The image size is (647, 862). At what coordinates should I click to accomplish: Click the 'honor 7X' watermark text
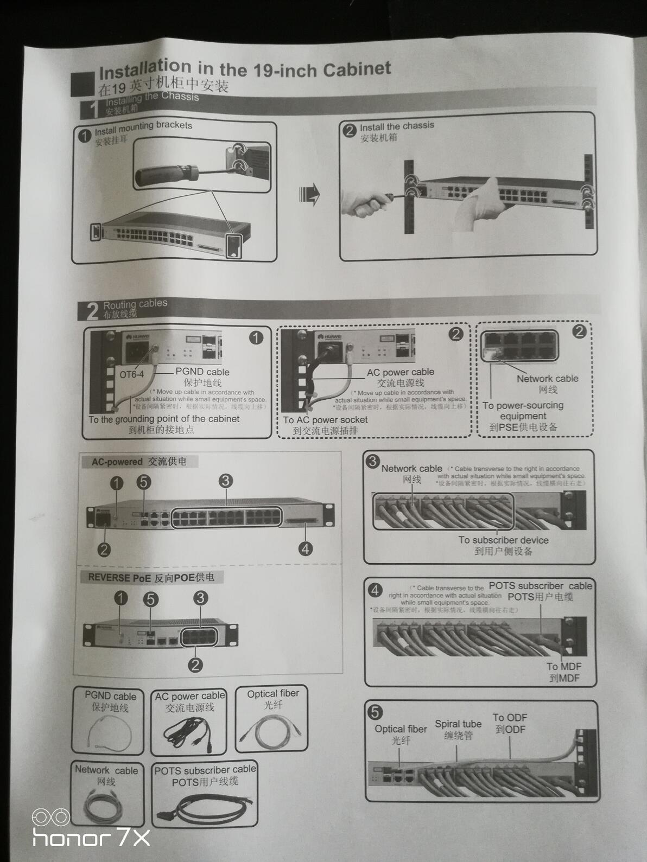coord(91,838)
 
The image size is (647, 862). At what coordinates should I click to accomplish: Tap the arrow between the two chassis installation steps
coord(310,194)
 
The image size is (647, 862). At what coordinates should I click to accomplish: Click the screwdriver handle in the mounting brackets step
coord(163,175)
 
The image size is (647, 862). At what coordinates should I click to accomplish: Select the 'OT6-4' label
coord(132,374)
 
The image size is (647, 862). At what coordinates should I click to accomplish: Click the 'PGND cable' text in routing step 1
coord(202,372)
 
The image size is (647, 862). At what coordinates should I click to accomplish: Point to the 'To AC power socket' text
coord(325,420)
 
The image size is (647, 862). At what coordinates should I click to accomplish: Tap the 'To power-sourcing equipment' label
coord(523,411)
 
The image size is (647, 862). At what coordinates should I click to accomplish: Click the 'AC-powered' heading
coord(117,462)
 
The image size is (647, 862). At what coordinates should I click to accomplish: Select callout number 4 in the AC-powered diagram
coord(306,548)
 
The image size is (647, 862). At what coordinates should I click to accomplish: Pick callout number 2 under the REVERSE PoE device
coord(195,664)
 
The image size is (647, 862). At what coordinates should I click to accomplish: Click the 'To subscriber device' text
coord(503,540)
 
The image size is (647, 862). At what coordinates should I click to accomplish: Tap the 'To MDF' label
coord(564,667)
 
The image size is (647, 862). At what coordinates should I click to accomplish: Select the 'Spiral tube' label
coord(458,724)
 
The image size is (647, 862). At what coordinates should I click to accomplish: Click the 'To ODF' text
coord(510,718)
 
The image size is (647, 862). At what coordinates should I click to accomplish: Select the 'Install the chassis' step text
coord(397,126)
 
